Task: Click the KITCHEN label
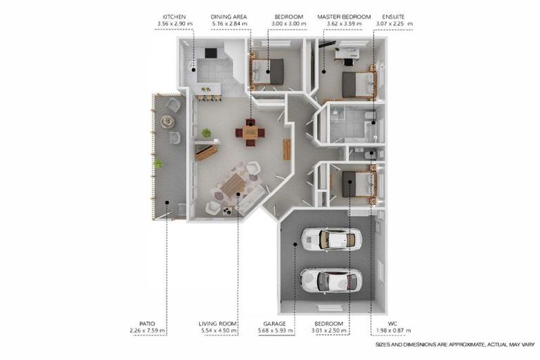click(x=174, y=16)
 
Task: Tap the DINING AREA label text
click(x=228, y=16)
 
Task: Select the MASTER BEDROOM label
click(x=344, y=16)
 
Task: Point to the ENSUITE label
click(x=393, y=16)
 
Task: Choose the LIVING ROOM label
click(x=217, y=323)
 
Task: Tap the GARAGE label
click(x=274, y=323)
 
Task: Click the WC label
click(x=393, y=323)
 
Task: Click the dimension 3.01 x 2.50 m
click(x=330, y=330)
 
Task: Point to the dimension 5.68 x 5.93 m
click(x=274, y=330)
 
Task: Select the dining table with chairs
click(x=251, y=131)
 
